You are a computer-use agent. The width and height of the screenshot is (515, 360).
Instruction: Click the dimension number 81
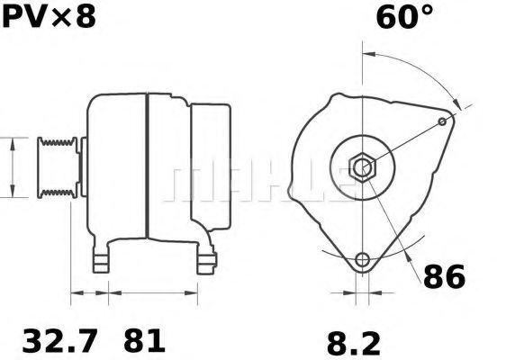click(x=144, y=341)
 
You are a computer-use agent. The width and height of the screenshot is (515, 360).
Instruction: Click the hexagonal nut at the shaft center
click(x=362, y=167)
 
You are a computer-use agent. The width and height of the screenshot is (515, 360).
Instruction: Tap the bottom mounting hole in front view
click(x=362, y=261)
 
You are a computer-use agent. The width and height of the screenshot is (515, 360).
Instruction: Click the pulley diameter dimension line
click(x=12, y=167)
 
